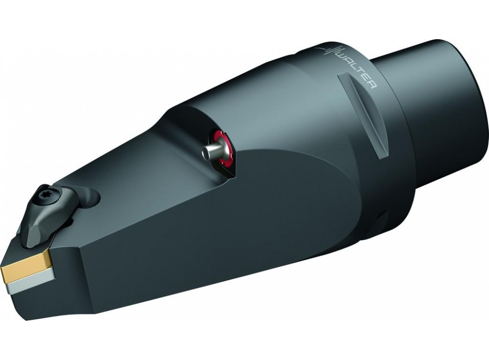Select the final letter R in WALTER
coord(373,88)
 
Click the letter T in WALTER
coord(361,77)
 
